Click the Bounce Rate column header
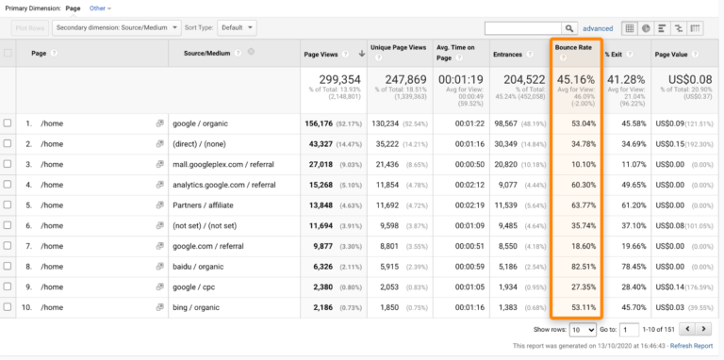[x=574, y=47]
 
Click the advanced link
[x=598, y=28]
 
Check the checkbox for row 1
[x=8, y=123]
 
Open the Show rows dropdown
[x=581, y=329]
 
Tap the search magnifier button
[x=569, y=28]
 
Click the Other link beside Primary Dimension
[x=98, y=8]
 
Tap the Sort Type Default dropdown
[x=236, y=28]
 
